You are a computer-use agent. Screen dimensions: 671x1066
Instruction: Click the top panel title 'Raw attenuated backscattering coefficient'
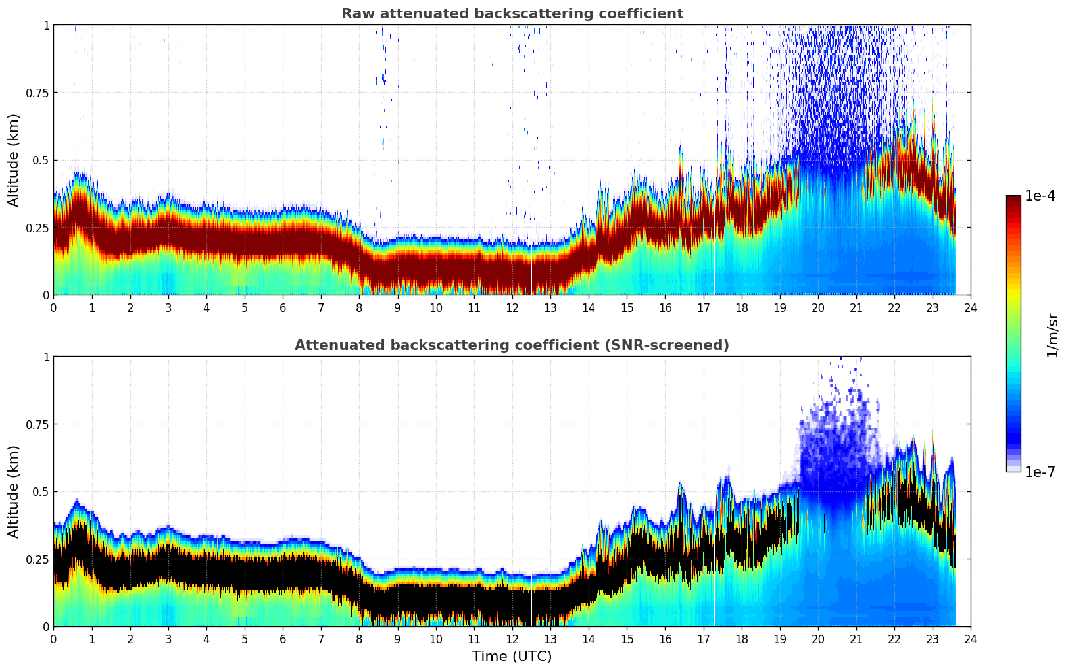[512, 14]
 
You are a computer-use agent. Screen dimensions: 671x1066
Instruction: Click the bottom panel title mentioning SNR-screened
[512, 345]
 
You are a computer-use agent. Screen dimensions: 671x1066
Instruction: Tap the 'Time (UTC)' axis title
[512, 657]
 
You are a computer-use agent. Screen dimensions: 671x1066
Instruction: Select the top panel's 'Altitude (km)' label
[14, 160]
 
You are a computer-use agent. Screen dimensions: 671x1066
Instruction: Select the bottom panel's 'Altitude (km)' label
[14, 491]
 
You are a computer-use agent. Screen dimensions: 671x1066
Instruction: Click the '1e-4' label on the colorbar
[1040, 196]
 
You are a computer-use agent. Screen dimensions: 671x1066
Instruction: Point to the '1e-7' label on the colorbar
[1040, 472]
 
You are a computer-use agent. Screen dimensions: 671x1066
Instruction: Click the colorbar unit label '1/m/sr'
[1052, 335]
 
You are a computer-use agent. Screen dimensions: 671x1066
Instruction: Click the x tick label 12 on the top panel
[512, 308]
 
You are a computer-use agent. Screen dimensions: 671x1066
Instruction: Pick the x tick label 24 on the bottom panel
[971, 639]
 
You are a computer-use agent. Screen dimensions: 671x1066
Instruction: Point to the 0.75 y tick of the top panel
[37, 93]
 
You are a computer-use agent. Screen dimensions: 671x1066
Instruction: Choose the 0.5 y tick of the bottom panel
[40, 491]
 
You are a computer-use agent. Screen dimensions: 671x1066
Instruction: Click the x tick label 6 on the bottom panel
[283, 639]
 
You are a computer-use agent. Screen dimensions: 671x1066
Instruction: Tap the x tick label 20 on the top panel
[817, 308]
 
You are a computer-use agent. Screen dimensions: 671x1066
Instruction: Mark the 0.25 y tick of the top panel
[37, 228]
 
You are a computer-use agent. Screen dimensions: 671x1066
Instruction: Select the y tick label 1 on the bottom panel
[46, 357]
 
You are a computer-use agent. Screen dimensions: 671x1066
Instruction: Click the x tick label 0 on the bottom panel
[53, 639]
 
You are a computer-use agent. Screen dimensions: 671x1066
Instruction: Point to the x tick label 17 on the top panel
[703, 308]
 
